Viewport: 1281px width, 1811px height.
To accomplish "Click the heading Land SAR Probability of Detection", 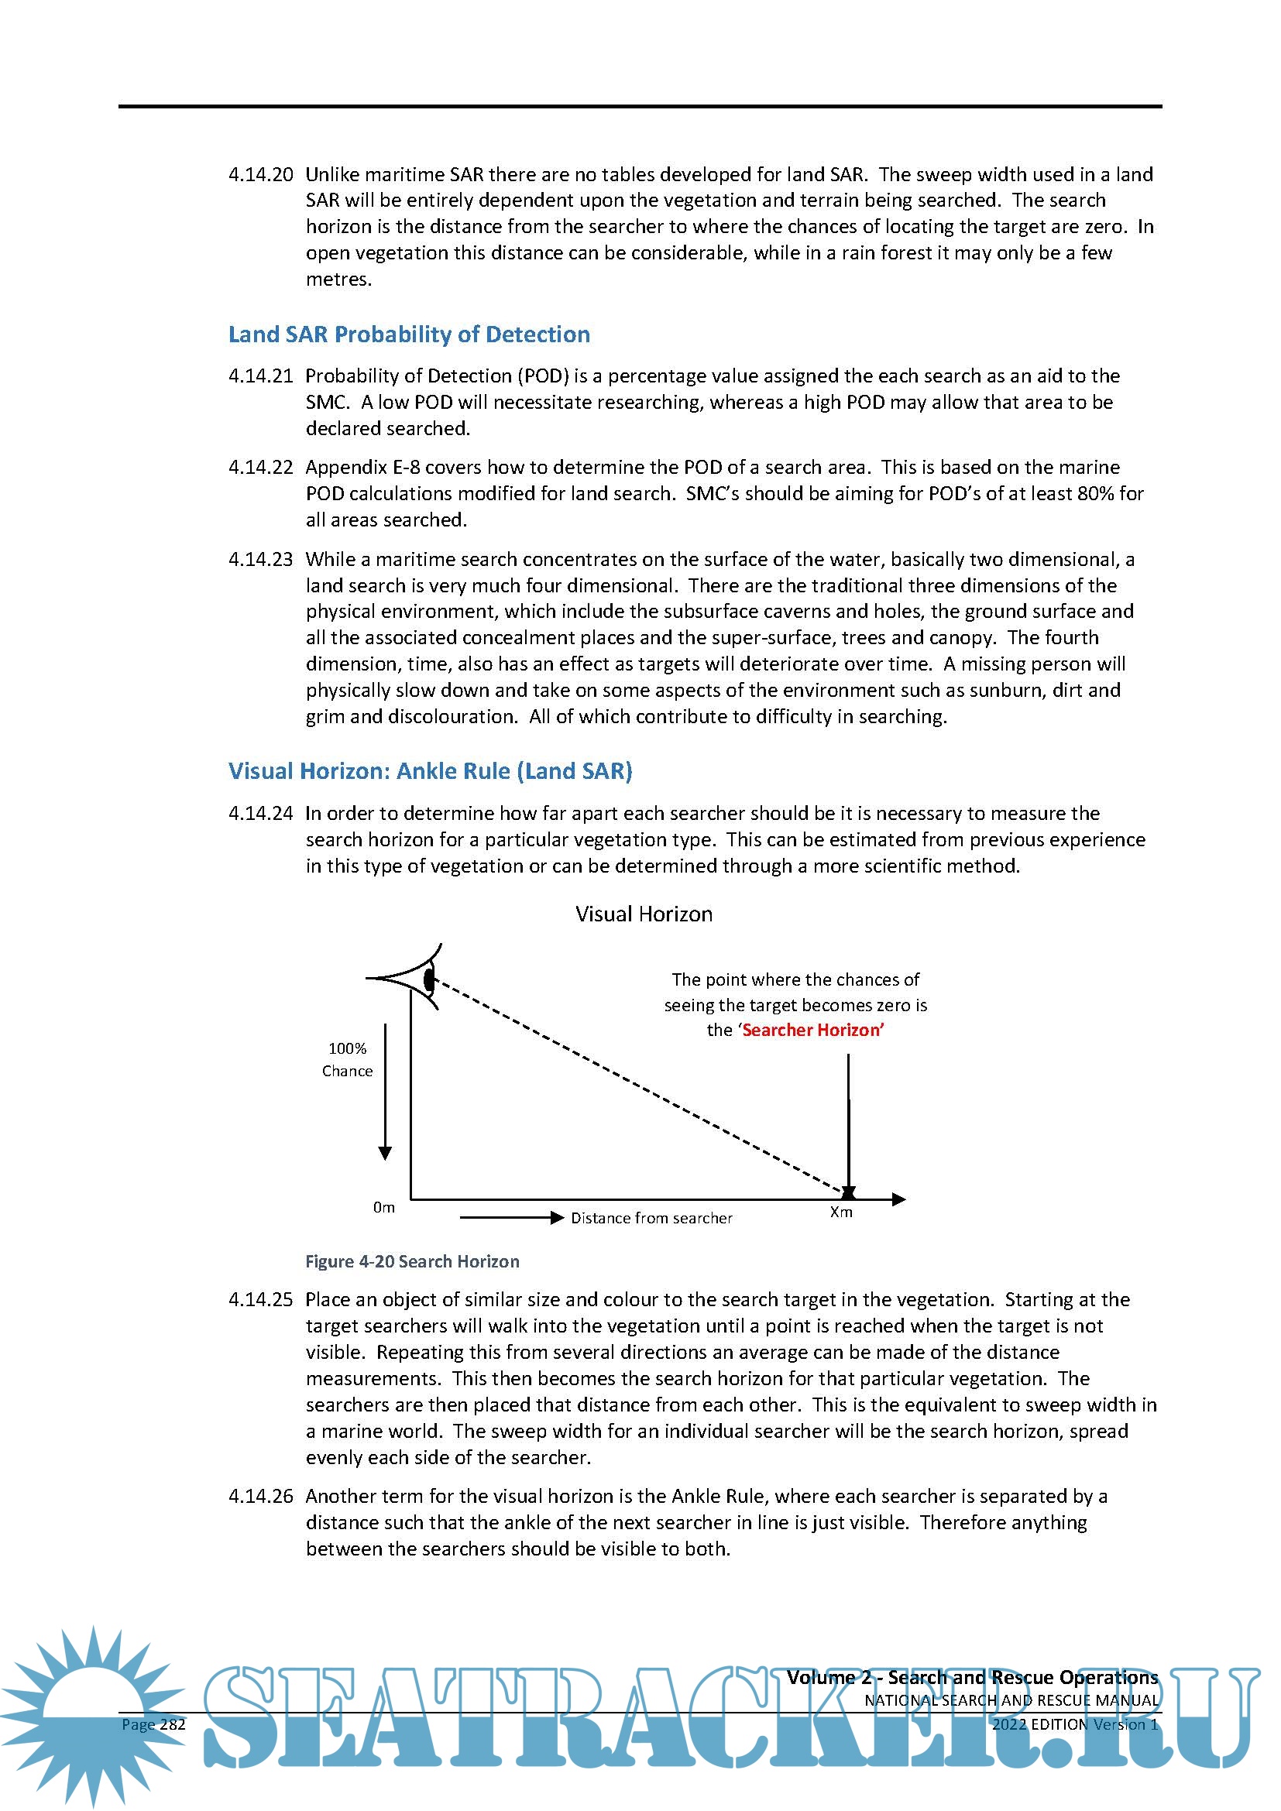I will coord(409,334).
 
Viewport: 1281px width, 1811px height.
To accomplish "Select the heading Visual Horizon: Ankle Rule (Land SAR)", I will coord(430,770).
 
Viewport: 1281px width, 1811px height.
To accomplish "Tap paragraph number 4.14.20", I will coord(260,174).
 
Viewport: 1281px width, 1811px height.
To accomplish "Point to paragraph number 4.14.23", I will coord(260,559).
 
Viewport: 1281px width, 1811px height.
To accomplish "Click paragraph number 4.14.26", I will coord(260,1496).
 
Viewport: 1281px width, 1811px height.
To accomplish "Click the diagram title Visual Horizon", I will coord(644,914).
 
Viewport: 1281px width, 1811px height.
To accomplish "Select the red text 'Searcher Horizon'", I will coord(812,1030).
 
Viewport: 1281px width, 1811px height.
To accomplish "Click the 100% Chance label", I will coord(347,1059).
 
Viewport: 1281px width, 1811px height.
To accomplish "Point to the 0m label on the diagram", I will coord(384,1208).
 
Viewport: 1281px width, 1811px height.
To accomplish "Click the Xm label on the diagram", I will coord(841,1212).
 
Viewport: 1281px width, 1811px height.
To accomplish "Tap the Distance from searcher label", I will coord(651,1218).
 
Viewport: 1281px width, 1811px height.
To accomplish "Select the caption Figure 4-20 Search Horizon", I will coord(413,1261).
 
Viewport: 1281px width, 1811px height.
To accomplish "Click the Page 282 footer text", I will coord(154,1724).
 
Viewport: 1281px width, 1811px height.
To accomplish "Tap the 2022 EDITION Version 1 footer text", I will coord(1074,1724).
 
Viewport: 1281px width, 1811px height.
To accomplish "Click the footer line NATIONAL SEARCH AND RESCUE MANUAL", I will coord(1011,1700).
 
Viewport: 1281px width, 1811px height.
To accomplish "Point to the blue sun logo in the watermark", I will coord(91,1712).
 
